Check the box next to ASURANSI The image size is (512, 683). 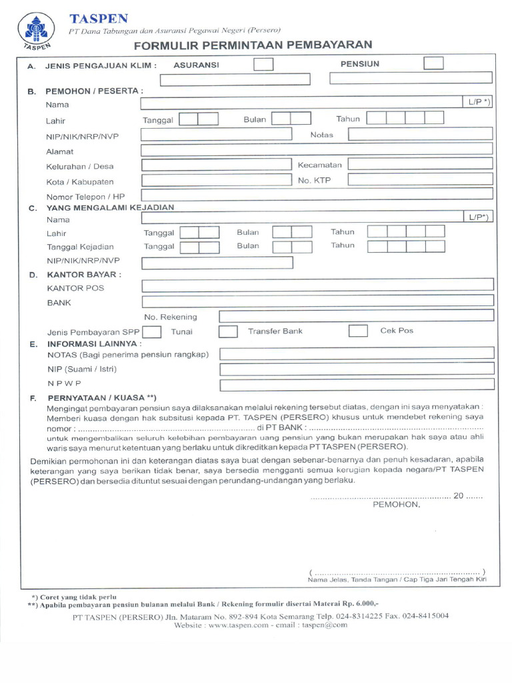[263, 65]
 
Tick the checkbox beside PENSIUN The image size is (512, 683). [433, 63]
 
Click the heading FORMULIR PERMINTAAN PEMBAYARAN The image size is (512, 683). [253, 45]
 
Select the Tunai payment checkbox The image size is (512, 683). [152, 331]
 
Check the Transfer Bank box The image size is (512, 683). [229, 331]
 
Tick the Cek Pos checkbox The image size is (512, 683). [358, 331]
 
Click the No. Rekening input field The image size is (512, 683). [356, 316]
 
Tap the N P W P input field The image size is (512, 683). [356, 385]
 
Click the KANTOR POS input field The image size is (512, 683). [317, 287]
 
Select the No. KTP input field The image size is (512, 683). [420, 179]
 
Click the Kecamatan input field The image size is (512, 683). [420, 164]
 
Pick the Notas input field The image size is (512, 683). [420, 134]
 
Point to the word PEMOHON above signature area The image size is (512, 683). [396, 504]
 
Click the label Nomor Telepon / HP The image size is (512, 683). [85, 197]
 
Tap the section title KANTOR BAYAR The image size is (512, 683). [83, 274]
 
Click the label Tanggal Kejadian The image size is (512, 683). [80, 247]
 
